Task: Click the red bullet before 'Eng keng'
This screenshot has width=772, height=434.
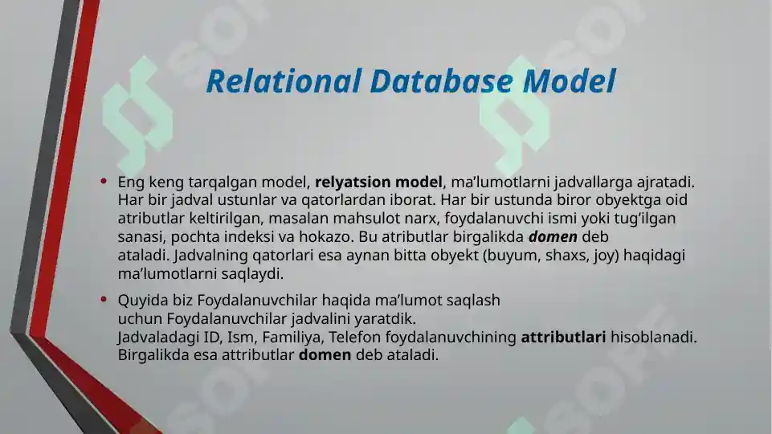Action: tap(104, 181)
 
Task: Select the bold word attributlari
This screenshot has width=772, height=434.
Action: tap(563, 338)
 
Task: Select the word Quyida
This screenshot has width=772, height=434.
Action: tap(139, 301)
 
